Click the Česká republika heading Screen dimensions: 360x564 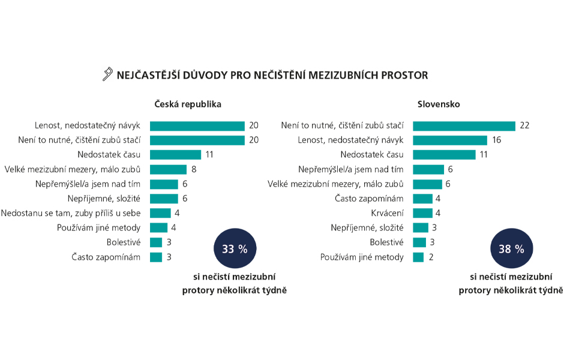(188, 104)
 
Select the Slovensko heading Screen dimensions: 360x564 (439, 104)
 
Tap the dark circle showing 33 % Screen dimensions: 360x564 (235, 249)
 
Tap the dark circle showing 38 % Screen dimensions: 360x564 (511, 249)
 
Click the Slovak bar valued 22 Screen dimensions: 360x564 (464, 126)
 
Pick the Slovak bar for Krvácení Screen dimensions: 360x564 (423, 213)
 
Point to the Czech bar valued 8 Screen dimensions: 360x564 (168, 169)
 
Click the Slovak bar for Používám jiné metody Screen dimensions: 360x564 (419, 257)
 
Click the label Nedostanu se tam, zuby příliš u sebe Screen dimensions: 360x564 (71, 213)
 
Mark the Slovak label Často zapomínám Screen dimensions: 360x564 (368, 199)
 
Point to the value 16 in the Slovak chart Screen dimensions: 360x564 (496, 140)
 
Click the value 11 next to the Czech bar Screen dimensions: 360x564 (209, 155)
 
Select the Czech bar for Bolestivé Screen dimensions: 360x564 (156, 242)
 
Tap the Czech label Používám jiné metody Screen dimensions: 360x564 (99, 227)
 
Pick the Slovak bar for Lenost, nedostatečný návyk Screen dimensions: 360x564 (450, 140)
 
